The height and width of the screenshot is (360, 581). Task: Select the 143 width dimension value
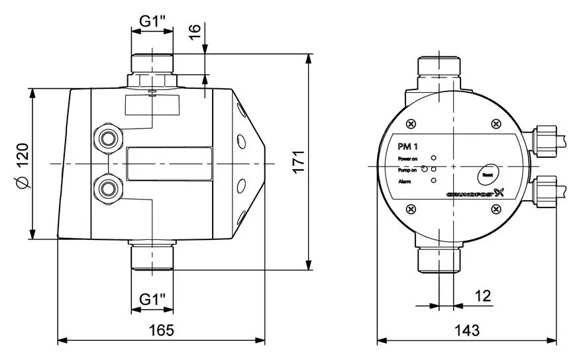point(467,330)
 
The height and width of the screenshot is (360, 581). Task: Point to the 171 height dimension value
point(299,162)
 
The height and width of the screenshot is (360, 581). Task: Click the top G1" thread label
point(152,20)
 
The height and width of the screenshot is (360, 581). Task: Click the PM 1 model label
point(407,147)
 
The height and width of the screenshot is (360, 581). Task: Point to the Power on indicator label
point(407,159)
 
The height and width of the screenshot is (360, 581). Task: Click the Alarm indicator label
point(404,181)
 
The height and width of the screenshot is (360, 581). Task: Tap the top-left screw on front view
point(411,123)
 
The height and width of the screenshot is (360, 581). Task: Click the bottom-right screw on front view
point(496,210)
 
